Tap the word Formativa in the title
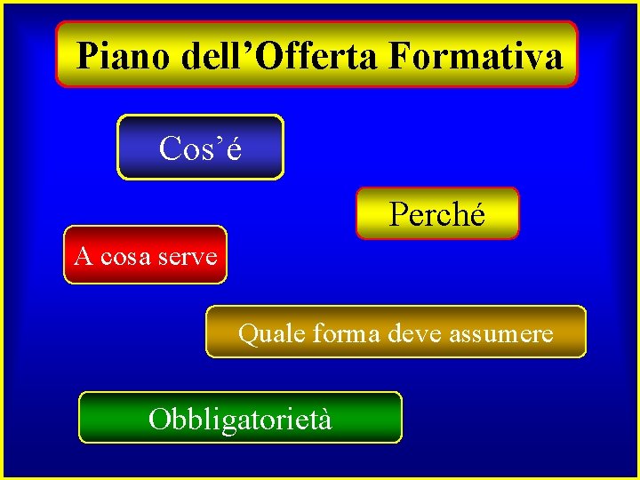[476, 57]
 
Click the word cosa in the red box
[125, 257]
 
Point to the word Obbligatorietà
[241, 418]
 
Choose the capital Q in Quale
[247, 334]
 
